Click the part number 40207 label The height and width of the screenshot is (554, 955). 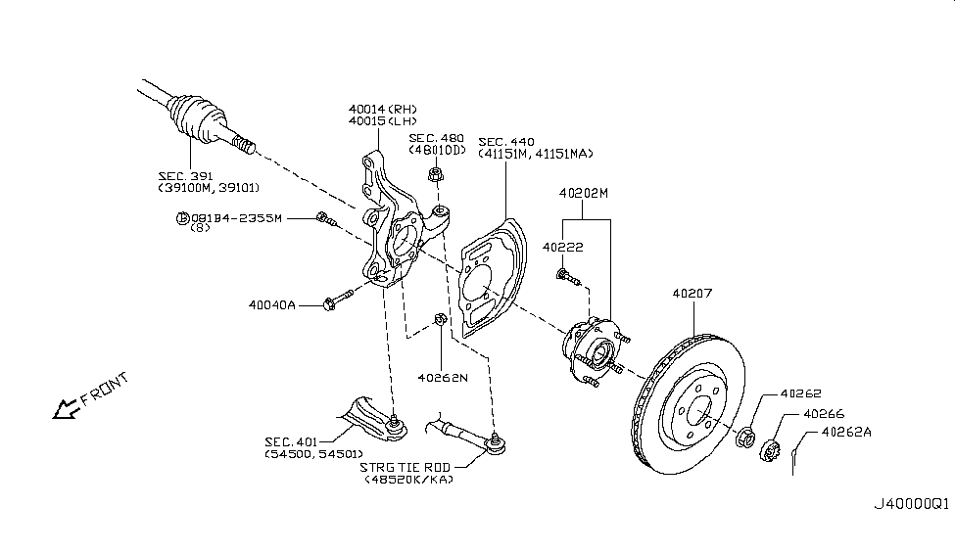[693, 293]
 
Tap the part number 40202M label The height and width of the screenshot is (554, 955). [585, 193]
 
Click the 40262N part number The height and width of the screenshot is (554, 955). [443, 376]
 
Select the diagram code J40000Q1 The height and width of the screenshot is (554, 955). [912, 504]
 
